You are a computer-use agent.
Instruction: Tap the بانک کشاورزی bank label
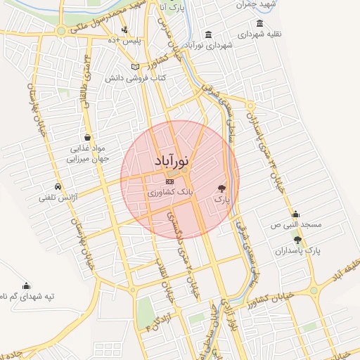point(172,191)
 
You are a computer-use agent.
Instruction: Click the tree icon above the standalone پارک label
point(222,188)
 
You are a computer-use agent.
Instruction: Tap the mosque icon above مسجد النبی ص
point(295,214)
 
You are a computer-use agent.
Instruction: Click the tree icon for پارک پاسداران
point(297,240)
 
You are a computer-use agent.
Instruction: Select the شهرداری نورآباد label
point(208,45)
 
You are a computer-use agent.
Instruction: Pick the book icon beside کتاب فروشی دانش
point(136,67)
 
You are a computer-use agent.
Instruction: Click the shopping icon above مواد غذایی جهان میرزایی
point(86,137)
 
